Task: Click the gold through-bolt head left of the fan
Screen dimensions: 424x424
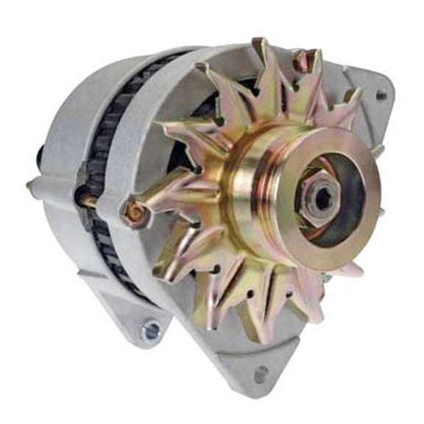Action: click(x=134, y=213)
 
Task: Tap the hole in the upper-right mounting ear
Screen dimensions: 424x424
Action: click(x=381, y=95)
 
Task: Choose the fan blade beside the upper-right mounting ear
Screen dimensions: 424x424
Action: click(x=346, y=103)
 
